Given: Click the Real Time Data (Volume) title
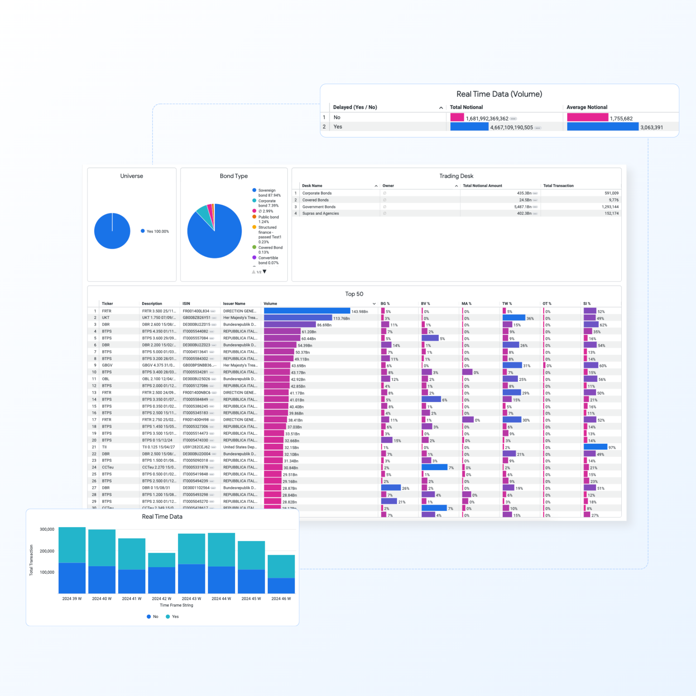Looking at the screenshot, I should click(499, 94).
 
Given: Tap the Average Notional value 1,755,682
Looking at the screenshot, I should click(621, 119).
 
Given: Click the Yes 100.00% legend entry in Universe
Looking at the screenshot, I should click(157, 231).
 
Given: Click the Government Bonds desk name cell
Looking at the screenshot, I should click(319, 207).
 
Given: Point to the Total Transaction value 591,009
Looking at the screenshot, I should click(611, 193).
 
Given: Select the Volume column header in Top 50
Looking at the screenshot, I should click(270, 304).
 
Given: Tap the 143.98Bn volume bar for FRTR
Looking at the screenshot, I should click(307, 311).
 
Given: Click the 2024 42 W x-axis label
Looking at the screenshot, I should click(161, 598).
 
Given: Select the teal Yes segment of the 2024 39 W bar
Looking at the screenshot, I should click(72, 545).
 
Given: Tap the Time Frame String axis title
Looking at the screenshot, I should click(176, 605).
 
